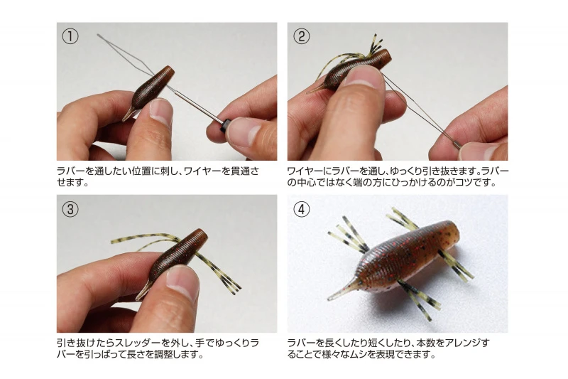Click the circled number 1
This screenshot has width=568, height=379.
pyautogui.click(x=70, y=36)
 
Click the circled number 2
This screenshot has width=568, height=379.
pyautogui.click(x=301, y=36)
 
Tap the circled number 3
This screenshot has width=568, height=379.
pyautogui.click(x=70, y=209)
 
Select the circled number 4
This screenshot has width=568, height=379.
pyautogui.click(x=301, y=209)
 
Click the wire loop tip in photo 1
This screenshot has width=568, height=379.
pyautogui.click(x=98, y=35)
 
